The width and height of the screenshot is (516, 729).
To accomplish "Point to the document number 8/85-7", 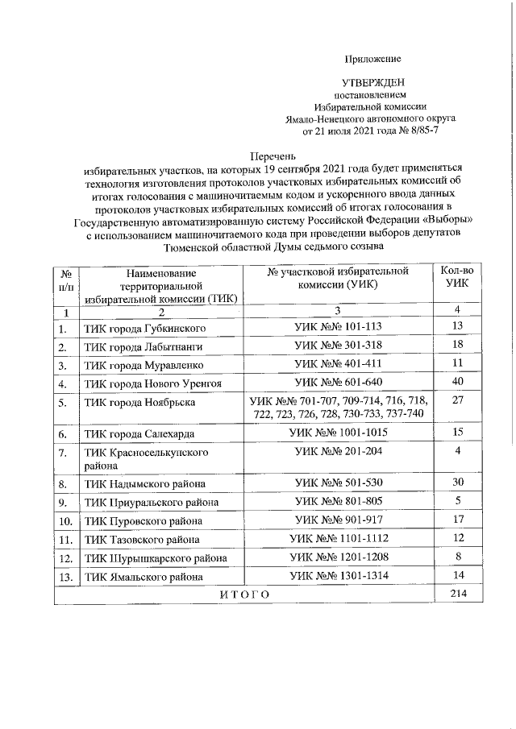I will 421,129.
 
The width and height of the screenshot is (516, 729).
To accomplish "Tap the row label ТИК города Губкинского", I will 141,329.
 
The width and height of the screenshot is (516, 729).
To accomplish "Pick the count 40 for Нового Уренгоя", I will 457,382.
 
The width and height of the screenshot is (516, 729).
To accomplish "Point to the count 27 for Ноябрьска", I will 457,400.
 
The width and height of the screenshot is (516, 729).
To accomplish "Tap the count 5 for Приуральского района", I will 457,501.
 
